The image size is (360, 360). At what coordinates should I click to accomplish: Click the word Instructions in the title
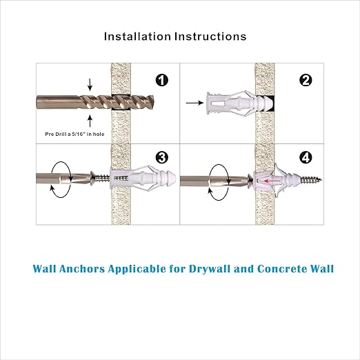pyautogui.click(x=210, y=37)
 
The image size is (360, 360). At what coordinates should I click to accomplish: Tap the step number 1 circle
pyautogui.click(x=161, y=81)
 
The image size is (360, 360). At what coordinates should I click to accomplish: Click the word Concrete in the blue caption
pyautogui.click(x=272, y=268)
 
